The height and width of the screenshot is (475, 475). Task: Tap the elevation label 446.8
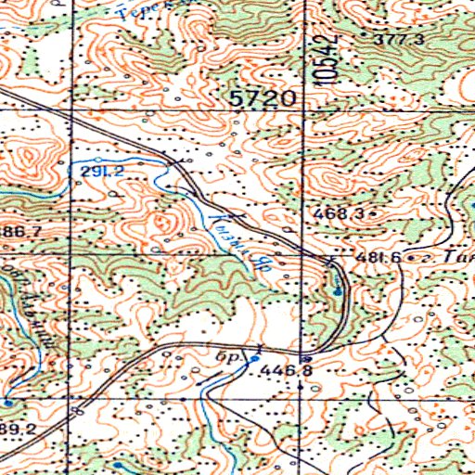[x=282, y=370]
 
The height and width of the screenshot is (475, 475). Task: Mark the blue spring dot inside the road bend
[x=337, y=291]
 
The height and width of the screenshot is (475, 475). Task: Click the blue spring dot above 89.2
[x=7, y=404]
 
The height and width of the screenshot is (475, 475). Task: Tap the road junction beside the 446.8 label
[x=305, y=356]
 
